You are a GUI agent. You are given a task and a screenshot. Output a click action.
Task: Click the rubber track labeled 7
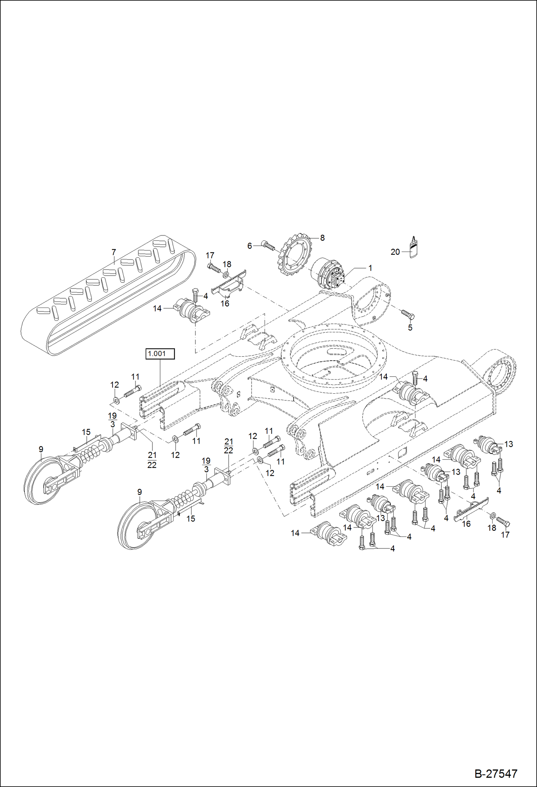click(x=108, y=298)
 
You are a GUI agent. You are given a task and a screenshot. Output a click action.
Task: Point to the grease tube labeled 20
click(x=414, y=248)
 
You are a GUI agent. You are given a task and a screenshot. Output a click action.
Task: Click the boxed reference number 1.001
click(x=160, y=353)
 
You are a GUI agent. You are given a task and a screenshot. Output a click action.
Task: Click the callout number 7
click(x=114, y=252)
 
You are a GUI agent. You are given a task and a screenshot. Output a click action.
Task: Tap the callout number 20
click(x=395, y=252)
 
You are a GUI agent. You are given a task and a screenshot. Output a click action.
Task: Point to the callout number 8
click(x=322, y=238)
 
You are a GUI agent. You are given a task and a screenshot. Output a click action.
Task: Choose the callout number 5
click(x=410, y=328)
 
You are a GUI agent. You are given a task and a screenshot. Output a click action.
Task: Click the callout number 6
click(x=250, y=246)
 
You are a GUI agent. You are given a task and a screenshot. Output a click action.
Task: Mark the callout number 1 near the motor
click(x=370, y=268)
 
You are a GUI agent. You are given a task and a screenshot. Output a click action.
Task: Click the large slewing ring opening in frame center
click(x=333, y=359)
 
